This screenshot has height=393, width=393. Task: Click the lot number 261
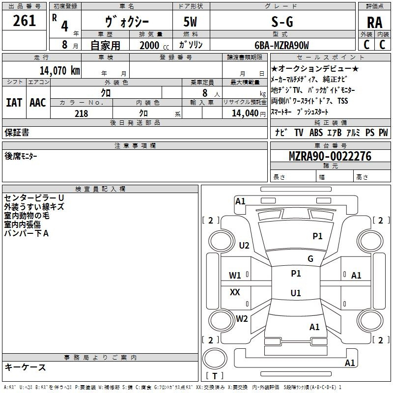pos(24,21)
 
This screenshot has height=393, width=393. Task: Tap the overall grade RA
pos(374,23)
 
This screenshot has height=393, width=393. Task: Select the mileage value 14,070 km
pos(60,71)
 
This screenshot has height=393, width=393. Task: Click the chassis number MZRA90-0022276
pos(330,156)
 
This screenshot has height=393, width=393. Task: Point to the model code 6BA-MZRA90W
pos(281,45)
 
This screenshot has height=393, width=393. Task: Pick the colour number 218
pos(82,113)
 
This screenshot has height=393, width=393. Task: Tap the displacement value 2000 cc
pos(154,45)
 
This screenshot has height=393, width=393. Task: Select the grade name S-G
pos(282,22)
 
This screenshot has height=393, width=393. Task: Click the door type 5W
pos(190,22)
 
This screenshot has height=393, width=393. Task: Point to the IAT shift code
pos(14,103)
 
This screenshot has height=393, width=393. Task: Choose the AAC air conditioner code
pos(38,103)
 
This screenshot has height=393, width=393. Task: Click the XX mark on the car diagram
pos(235,292)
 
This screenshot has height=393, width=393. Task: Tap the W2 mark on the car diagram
pos(242,318)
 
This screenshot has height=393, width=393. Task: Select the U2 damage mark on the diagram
pos(244,245)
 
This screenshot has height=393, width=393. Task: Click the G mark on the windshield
pos(310,259)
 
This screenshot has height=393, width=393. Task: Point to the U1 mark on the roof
pos(296,293)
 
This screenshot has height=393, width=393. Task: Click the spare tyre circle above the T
pos(215,359)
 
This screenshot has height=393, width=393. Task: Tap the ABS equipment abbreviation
pos(316,133)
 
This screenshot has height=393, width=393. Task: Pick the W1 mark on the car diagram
pos(235,276)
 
